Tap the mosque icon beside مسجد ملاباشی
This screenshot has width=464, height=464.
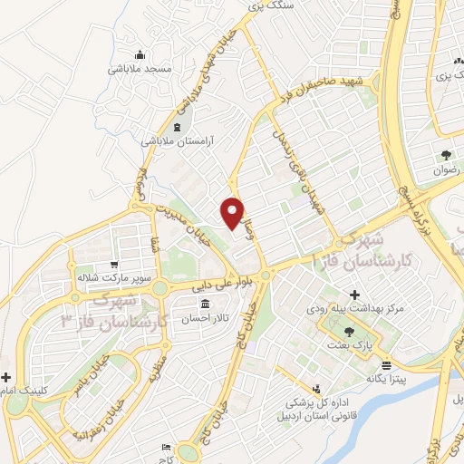pyautogui.click(x=139, y=54)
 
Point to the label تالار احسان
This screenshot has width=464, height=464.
pyautogui.click(x=206, y=318)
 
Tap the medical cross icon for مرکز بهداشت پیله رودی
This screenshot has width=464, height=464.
pyautogui.click(x=354, y=295)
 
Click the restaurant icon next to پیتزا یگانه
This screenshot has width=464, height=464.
pyautogui.click(x=387, y=365)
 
